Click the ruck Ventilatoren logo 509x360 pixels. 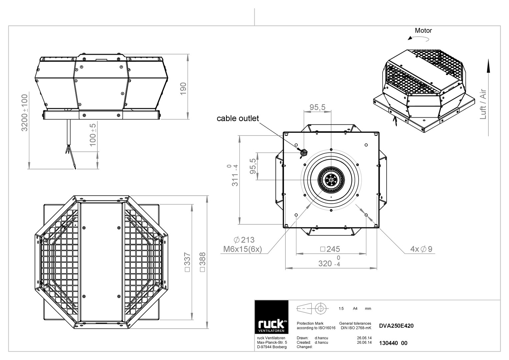tap(272, 317)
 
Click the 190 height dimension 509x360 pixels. tap(183, 89)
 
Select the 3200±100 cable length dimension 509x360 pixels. tap(25, 113)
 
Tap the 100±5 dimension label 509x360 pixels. tap(93, 135)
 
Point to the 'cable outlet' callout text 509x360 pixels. tap(238, 118)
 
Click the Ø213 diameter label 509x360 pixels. tap(244, 240)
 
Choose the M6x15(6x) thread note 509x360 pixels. tap(242, 249)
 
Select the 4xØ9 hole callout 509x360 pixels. tap(421, 249)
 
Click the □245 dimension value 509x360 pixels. tap(330, 249)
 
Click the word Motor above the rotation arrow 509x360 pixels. tap(423, 30)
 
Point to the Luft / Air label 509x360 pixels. tap(483, 104)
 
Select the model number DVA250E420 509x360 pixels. tap(396, 326)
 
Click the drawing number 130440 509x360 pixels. tap(388, 343)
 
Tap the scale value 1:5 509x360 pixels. tap(341, 308)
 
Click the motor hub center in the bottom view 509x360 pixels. tap(331, 180)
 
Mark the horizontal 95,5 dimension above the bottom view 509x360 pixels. tap(317, 107)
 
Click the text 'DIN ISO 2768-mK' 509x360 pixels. tap(356, 328)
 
